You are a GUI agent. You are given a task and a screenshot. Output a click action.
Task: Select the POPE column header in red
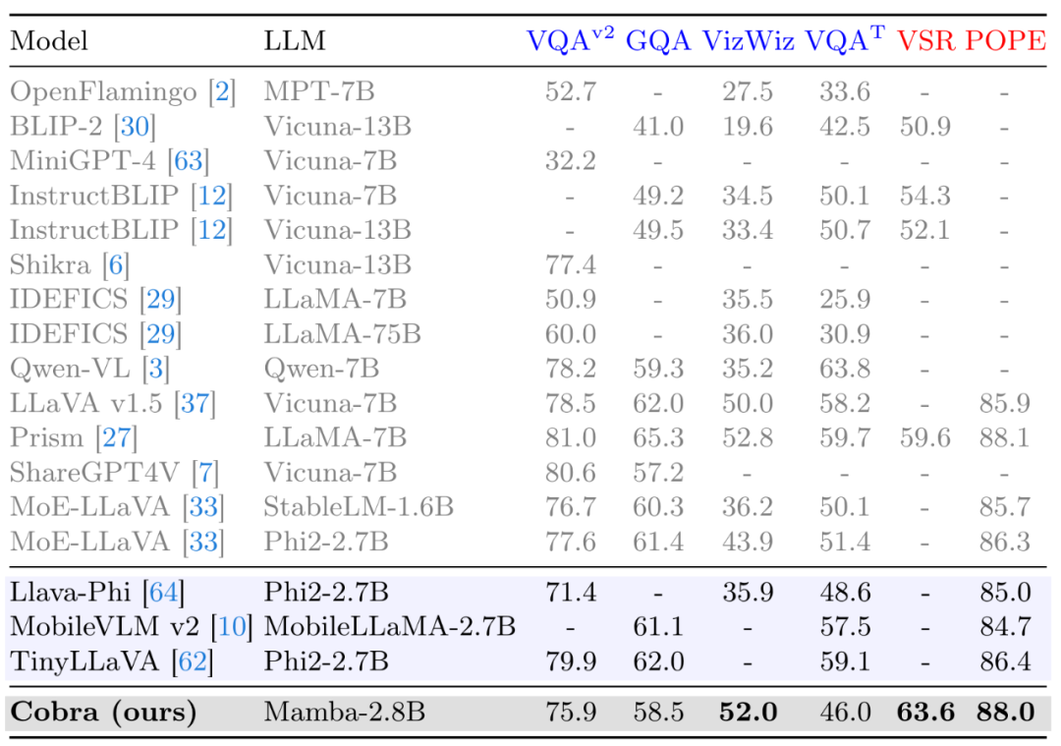(1005, 40)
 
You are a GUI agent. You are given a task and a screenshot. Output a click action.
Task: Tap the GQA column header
(657, 40)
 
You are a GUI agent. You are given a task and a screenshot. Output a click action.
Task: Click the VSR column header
(924, 40)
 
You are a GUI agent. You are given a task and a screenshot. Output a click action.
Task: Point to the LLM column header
(294, 41)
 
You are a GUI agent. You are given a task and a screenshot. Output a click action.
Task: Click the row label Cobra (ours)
(103, 711)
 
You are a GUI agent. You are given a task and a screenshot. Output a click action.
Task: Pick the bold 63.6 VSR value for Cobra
(924, 711)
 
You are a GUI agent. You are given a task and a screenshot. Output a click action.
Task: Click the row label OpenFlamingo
(103, 92)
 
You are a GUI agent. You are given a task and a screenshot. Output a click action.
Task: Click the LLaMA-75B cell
(342, 334)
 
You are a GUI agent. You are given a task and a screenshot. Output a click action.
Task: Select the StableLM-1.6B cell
(359, 506)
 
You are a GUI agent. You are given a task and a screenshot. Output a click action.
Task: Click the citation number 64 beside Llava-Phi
(164, 593)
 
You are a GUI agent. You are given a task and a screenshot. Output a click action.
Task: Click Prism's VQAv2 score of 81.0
(571, 437)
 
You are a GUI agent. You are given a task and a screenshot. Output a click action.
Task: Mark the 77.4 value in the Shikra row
(571, 264)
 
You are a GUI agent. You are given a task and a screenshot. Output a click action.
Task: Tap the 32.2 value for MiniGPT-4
(571, 161)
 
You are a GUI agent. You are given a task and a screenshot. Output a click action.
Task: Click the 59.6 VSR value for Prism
(924, 437)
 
